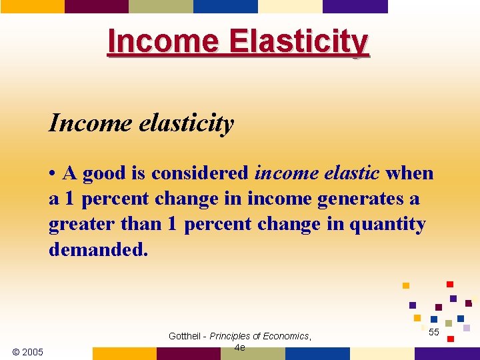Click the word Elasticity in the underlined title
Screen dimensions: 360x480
click(299, 41)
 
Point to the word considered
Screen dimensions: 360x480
click(201, 173)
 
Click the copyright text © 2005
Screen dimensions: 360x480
click(28, 352)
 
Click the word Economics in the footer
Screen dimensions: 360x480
click(285, 336)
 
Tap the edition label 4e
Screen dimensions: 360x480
click(240, 347)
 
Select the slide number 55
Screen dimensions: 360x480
click(434, 332)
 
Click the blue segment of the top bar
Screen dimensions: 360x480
click(225, 6)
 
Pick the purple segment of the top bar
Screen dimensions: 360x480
click(355, 6)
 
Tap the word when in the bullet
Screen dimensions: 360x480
click(409, 173)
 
